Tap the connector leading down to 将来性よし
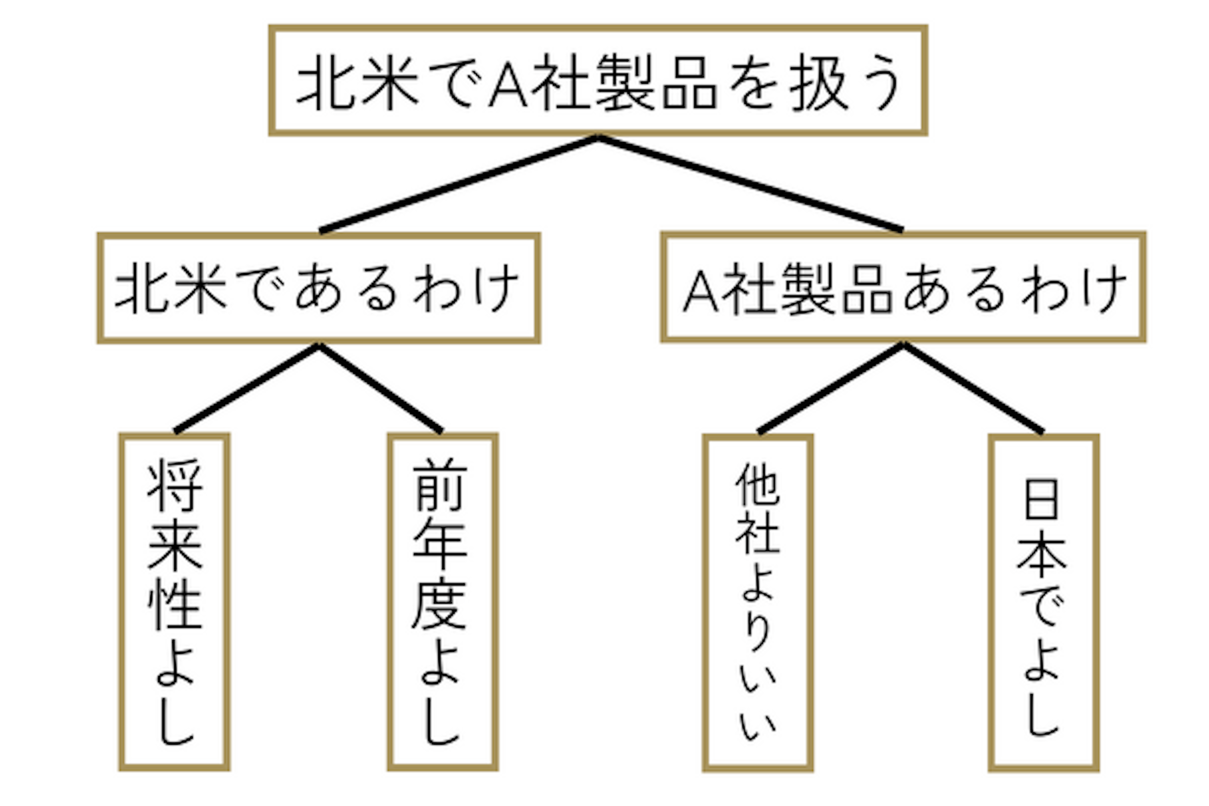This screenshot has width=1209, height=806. (x=247, y=389)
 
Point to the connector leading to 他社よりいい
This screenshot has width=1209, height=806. (x=831, y=389)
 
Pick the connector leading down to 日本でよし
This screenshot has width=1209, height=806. (x=973, y=389)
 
